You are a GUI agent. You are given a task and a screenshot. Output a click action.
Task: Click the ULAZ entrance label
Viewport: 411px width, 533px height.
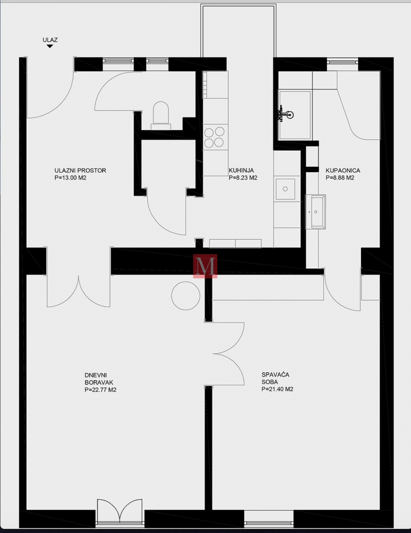pyautogui.click(x=50, y=40)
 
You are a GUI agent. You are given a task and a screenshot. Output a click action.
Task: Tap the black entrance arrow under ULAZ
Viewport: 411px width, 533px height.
pyautogui.click(x=50, y=46)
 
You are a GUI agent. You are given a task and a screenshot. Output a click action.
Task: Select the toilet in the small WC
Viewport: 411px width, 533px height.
pyautogui.click(x=161, y=115)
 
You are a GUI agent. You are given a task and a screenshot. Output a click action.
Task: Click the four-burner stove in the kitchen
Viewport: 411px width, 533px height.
pyautogui.click(x=214, y=137)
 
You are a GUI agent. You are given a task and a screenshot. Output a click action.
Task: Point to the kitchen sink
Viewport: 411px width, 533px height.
pyautogui.click(x=285, y=189)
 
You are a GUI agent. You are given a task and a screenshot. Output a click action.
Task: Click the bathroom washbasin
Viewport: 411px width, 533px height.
pyautogui.click(x=315, y=212)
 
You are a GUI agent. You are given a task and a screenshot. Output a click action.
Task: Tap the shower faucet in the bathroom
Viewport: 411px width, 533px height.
pyautogui.click(x=285, y=114)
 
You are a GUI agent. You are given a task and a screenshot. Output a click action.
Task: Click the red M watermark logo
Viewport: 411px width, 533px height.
pyautogui.click(x=205, y=266)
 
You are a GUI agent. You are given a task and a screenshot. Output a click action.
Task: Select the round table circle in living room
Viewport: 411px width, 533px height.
pyautogui.click(x=185, y=296)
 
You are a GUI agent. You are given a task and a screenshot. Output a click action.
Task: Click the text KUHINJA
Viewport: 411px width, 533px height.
pyautogui.click(x=241, y=170)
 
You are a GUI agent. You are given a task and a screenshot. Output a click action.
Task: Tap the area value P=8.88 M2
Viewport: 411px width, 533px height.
pyautogui.click(x=340, y=178)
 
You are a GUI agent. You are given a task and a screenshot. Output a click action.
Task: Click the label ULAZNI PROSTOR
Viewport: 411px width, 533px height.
pyautogui.click(x=81, y=170)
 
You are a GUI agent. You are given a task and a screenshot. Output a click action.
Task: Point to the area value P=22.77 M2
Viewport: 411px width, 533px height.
pyautogui.click(x=100, y=390)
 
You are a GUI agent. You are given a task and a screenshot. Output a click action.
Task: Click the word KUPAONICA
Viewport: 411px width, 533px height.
pyautogui.click(x=343, y=170)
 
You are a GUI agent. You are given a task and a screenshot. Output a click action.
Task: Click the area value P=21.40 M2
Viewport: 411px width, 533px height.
pyautogui.click(x=277, y=389)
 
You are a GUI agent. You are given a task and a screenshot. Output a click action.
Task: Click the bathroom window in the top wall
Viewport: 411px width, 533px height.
pyautogui.click(x=342, y=61)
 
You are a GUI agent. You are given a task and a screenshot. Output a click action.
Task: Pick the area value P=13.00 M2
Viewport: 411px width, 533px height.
pyautogui.click(x=71, y=178)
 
